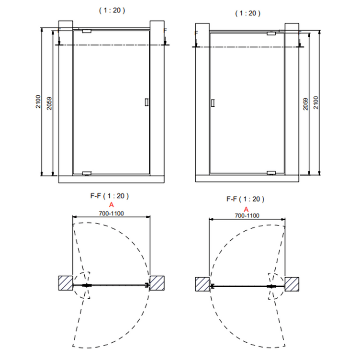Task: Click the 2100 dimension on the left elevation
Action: click(x=38, y=101)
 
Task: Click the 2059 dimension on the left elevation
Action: click(x=49, y=103)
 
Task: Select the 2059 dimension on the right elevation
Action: click(x=305, y=104)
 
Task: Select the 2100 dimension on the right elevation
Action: click(x=316, y=102)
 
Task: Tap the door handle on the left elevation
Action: click(x=146, y=102)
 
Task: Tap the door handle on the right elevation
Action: click(x=213, y=103)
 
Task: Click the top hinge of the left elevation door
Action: click(x=87, y=31)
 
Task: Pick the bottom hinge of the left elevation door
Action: click(x=87, y=173)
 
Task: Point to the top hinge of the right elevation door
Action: click(x=271, y=34)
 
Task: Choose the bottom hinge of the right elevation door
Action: click(x=271, y=173)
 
